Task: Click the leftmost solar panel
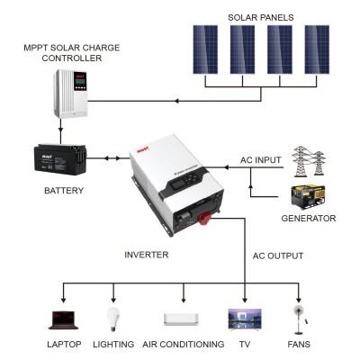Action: (205, 52)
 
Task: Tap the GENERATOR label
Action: (308, 219)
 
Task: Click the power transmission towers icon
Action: (310, 162)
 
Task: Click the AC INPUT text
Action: (260, 159)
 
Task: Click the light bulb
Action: (112, 317)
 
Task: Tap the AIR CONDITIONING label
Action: (183, 344)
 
